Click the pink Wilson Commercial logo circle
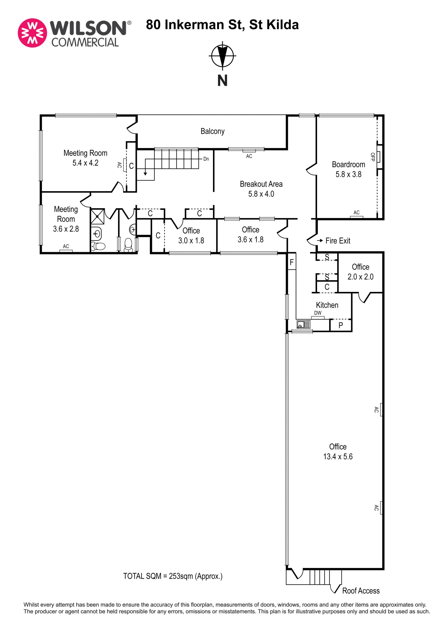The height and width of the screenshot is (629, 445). [x=32, y=33]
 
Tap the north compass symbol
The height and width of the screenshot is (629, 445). [x=222, y=55]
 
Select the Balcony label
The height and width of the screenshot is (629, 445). [x=212, y=131]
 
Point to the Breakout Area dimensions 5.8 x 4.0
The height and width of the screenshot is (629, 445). [x=261, y=194]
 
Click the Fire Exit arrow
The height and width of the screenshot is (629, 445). [x=320, y=240]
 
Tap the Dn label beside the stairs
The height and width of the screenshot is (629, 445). [x=206, y=159]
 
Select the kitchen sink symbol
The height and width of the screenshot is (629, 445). [x=303, y=325]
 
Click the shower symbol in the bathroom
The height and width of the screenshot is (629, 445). [x=97, y=216]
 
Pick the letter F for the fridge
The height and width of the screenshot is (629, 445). [x=292, y=262]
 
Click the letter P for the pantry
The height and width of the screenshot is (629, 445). [x=341, y=325]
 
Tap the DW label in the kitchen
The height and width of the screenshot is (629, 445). [x=318, y=313]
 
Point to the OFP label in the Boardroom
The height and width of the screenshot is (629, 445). [x=372, y=157]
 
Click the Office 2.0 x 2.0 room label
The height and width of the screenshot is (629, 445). [x=360, y=272]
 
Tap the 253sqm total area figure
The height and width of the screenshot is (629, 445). [x=181, y=576]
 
